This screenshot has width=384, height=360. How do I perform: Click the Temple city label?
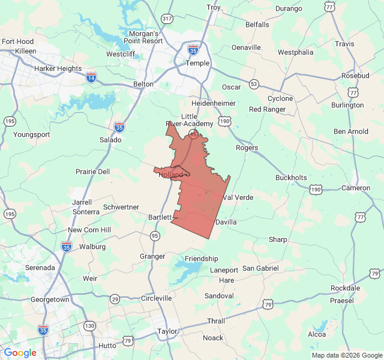197,62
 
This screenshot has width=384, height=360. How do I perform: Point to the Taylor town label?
167,331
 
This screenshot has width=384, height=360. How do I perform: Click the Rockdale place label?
345,288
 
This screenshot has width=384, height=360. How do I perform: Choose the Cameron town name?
356,188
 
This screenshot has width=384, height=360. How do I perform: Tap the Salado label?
110,140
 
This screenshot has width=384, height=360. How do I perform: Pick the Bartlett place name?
160,217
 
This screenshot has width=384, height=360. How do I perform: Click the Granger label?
152,256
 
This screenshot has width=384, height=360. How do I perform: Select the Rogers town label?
247,148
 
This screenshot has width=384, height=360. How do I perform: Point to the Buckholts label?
291,178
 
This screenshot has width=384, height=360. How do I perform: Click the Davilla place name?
226,222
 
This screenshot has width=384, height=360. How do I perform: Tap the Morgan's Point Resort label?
143,37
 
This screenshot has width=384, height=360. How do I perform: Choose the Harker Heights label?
58,68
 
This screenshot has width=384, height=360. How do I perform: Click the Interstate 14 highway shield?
91,77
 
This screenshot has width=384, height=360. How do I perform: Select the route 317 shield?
167,19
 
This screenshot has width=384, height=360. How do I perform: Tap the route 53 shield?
254,83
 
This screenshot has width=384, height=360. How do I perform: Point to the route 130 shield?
89,326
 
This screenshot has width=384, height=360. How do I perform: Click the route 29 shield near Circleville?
115,299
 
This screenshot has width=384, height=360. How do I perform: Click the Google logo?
20,353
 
